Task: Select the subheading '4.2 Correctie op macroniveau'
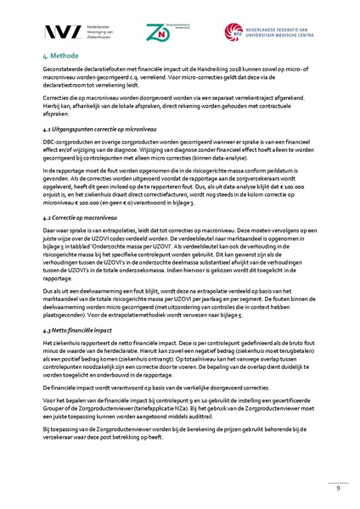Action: tap(82, 219)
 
